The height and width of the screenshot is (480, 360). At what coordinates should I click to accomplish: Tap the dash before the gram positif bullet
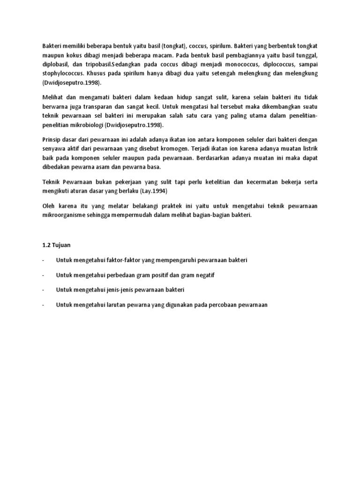pos(43,275)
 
